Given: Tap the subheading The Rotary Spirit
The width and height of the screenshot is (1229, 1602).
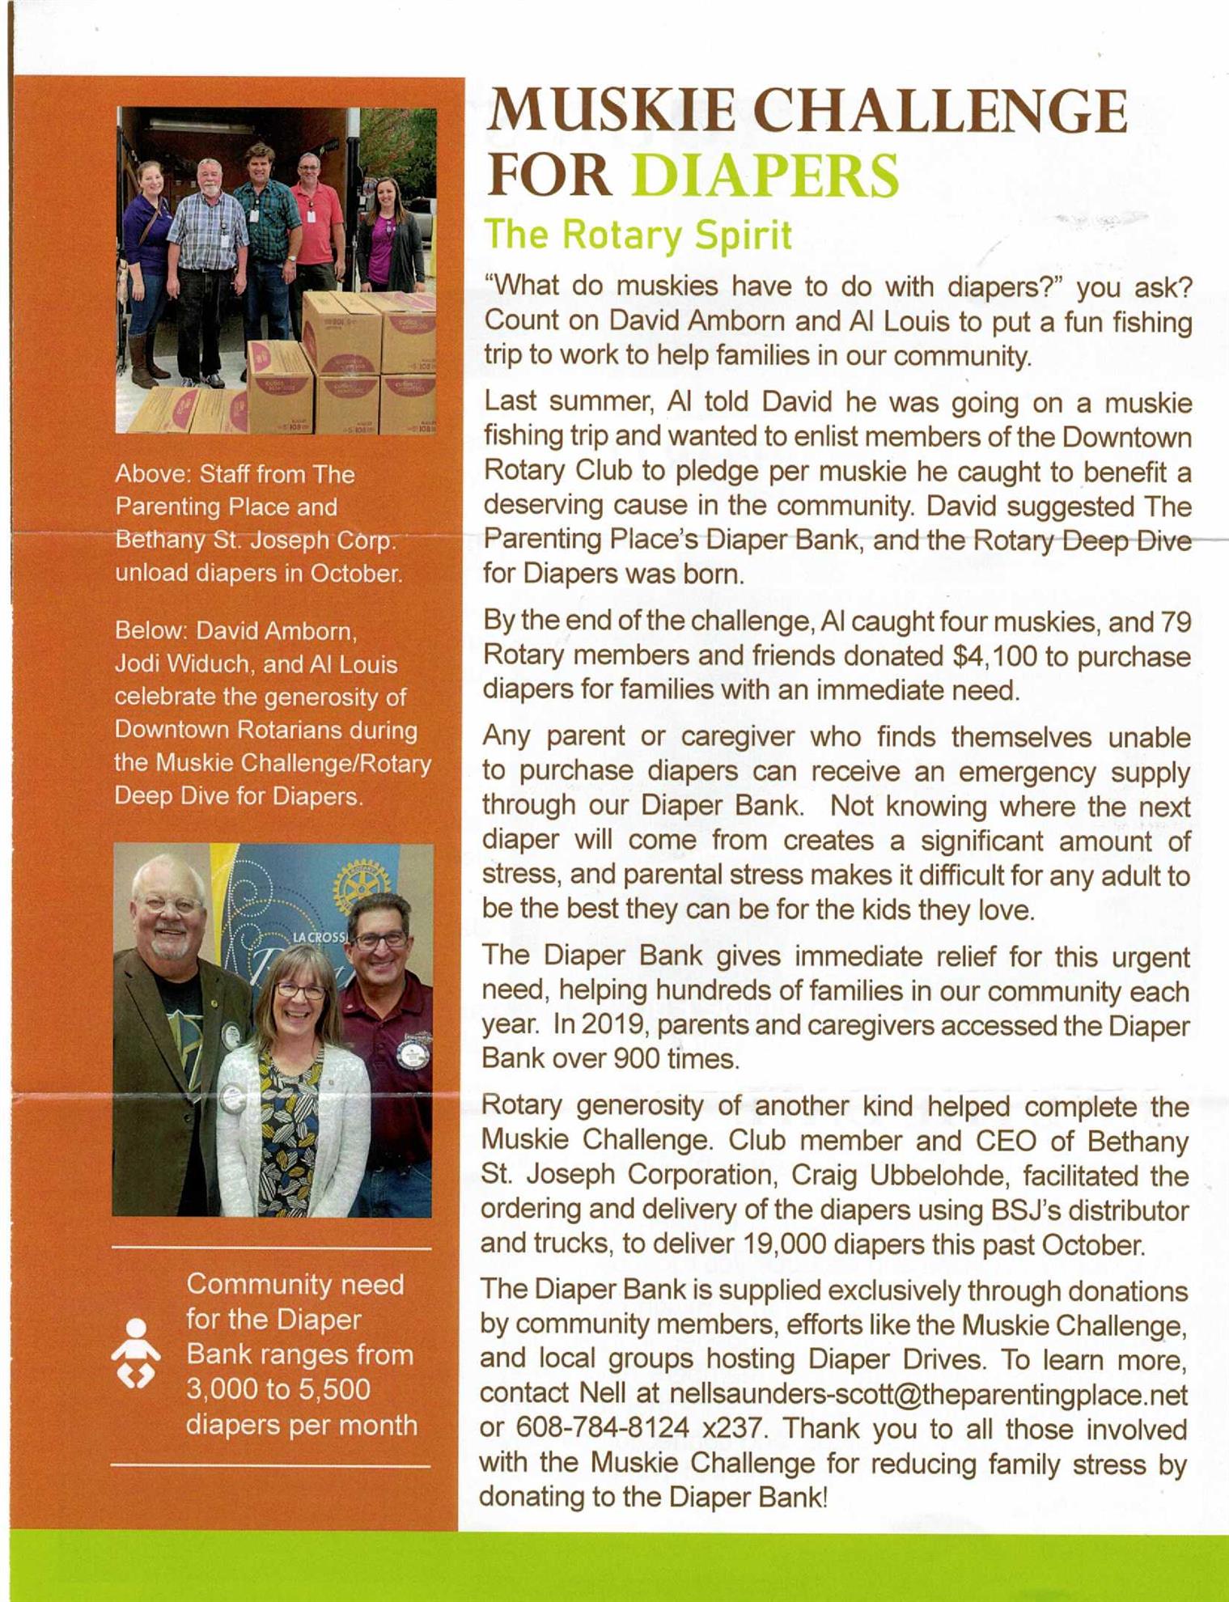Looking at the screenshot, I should coord(638,235).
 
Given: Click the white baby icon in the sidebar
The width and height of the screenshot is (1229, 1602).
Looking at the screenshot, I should coord(136,1353).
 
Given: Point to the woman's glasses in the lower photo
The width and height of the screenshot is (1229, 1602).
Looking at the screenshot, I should coord(301,990).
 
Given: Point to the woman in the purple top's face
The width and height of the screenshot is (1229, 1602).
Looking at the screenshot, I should coord(388,198).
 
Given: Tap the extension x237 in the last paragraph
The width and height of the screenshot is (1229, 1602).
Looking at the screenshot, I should coord(733,1428).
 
